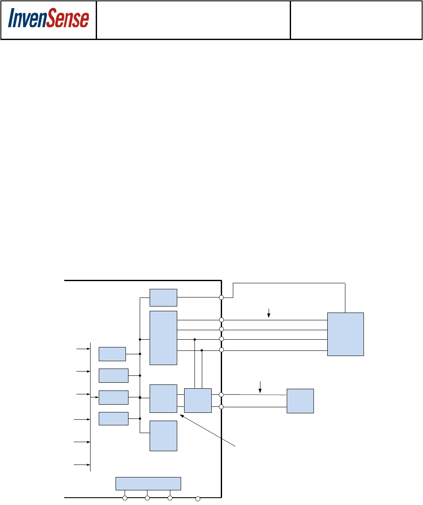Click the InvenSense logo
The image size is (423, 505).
click(48, 19)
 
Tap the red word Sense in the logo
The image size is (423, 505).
click(69, 19)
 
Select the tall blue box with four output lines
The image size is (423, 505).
click(163, 338)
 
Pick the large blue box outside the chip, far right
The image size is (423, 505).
click(345, 334)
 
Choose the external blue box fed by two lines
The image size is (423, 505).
click(300, 401)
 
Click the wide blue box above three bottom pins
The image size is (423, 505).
click(148, 483)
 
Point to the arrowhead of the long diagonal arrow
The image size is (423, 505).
click(181, 416)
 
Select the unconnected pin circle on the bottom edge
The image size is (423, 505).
click(198, 499)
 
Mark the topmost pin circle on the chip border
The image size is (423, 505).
click(221, 297)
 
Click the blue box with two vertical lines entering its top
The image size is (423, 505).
click(198, 400)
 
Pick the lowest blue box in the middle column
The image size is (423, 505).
click(163, 436)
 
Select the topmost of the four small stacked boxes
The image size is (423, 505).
click(112, 354)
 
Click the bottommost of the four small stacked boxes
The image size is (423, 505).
click(113, 418)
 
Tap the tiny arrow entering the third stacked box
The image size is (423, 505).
click(97, 397)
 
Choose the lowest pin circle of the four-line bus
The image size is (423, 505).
click(221, 350)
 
